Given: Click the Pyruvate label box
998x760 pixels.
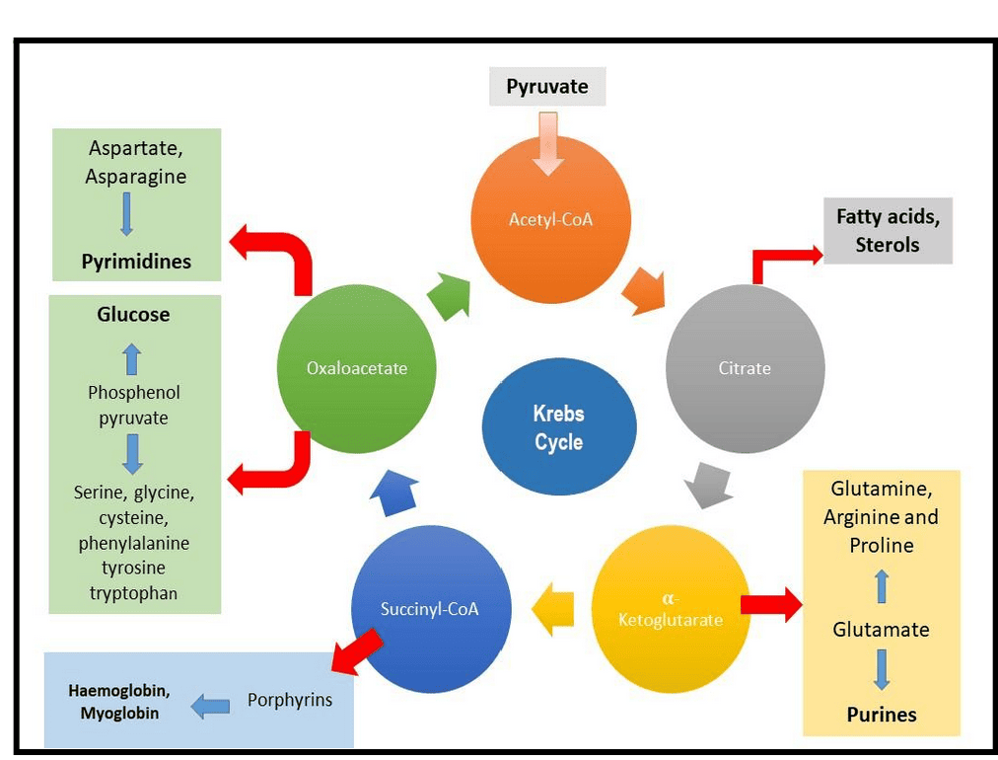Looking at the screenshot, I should point(547,87).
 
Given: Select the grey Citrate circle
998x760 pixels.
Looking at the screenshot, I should point(745,368).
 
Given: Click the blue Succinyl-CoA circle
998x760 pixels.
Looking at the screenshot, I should point(430,608).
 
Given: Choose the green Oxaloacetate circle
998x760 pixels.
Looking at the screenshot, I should point(356,368).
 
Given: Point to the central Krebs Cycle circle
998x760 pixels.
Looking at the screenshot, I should point(559,427).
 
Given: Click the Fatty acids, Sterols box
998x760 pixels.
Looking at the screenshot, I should point(888,230).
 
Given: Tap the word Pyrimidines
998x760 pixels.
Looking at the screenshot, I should point(136,263).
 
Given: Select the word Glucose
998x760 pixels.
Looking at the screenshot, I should point(133,315).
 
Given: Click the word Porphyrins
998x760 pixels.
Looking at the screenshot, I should point(289,700).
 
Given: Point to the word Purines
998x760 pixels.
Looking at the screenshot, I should point(882,715).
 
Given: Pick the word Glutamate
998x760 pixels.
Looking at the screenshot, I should point(881,630).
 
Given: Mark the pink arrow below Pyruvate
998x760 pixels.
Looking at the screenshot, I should point(547,142).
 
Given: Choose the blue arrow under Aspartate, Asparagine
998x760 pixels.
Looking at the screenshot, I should point(126,213).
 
